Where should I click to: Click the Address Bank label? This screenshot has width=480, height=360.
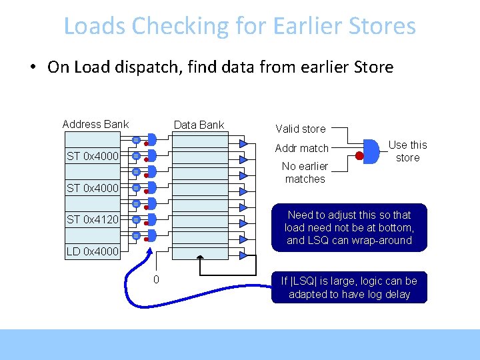coord(95,124)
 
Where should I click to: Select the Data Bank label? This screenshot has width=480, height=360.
coord(199,125)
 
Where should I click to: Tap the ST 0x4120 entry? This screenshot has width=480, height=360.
coord(93,219)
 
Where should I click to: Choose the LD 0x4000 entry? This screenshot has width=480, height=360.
coord(92,252)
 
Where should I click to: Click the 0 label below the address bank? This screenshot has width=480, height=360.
coord(156,279)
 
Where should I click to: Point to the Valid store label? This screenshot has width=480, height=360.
coord(301,129)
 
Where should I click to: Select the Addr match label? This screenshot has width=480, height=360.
coord(302,148)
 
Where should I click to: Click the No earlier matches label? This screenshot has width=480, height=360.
coord(305,173)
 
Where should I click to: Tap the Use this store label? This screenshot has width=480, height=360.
coord(407,151)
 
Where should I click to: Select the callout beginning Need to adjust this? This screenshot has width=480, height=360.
coord(349,227)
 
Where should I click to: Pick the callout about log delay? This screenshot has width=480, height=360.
coord(349,287)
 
